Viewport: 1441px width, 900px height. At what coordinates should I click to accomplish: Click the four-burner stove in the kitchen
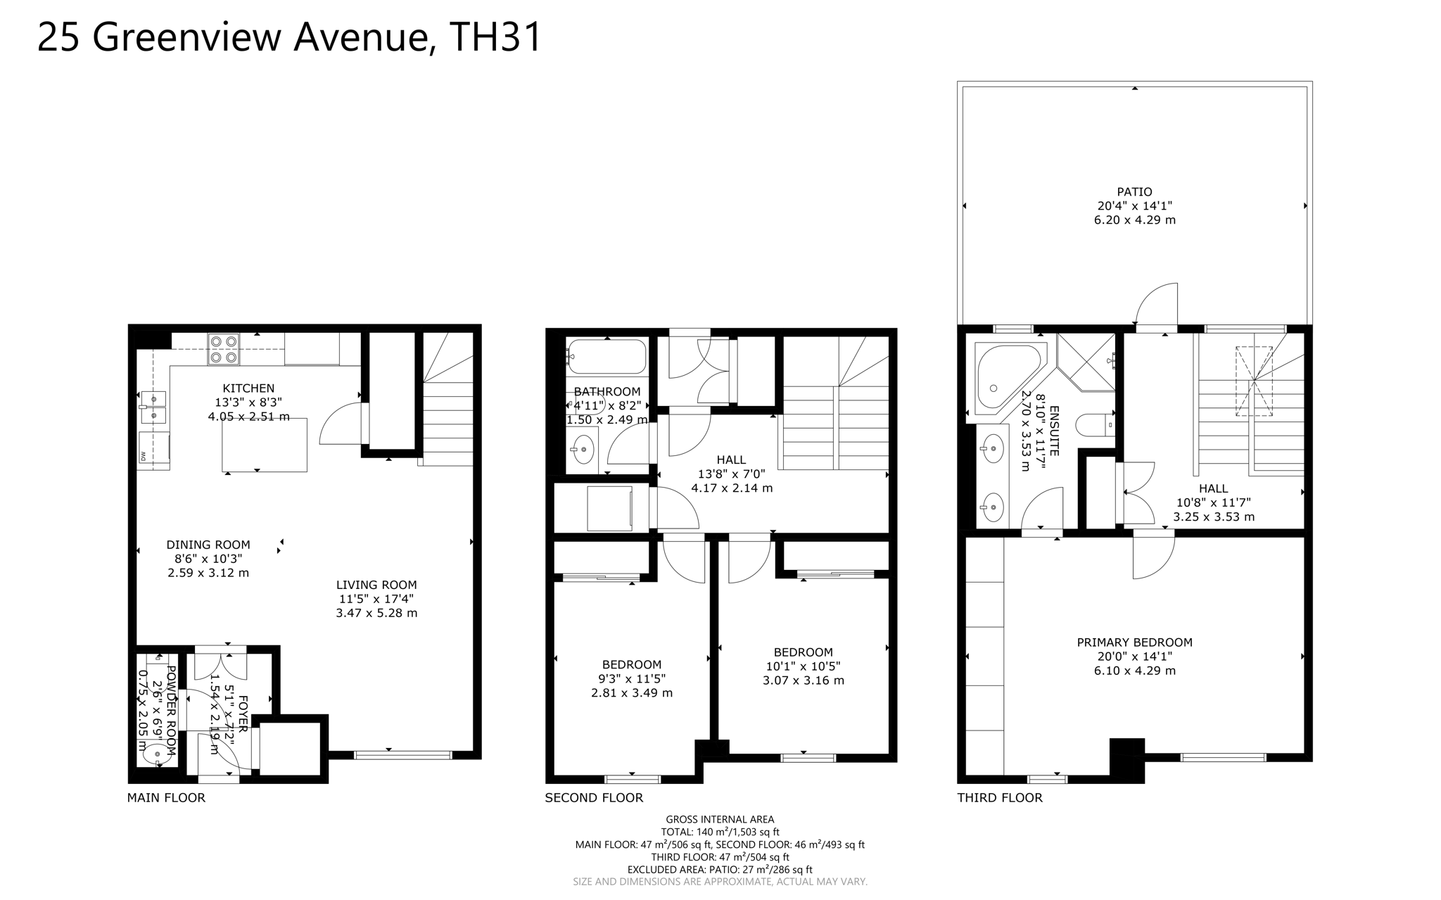224,350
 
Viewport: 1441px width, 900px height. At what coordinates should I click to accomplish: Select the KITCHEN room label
248,388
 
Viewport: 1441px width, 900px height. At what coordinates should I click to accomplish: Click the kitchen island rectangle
265,444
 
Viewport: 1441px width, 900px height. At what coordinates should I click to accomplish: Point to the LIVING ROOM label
376,585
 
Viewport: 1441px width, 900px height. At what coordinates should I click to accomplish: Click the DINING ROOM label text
208,545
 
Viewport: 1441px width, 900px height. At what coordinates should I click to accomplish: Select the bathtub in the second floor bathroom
607,357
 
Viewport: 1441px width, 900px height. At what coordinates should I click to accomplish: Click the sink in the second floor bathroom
583,449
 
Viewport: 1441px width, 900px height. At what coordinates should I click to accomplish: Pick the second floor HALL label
732,460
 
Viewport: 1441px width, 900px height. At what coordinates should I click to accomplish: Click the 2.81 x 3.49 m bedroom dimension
632,693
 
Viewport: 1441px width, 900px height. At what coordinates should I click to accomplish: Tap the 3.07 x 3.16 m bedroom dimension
804,680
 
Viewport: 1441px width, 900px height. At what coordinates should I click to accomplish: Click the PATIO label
1134,191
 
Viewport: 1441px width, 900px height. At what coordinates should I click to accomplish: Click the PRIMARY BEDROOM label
1134,642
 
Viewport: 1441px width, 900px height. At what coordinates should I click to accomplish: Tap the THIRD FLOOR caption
1000,798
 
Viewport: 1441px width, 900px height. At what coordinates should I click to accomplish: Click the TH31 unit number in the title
495,37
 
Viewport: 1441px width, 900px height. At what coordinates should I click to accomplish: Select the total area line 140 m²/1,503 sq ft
720,832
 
